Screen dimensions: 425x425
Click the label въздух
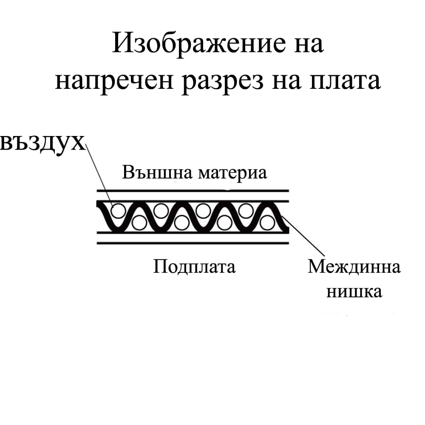click(x=42, y=142)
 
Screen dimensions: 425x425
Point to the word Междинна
click(x=354, y=267)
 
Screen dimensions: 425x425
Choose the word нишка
click(x=354, y=292)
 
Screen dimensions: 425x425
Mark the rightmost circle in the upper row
click(x=245, y=210)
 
